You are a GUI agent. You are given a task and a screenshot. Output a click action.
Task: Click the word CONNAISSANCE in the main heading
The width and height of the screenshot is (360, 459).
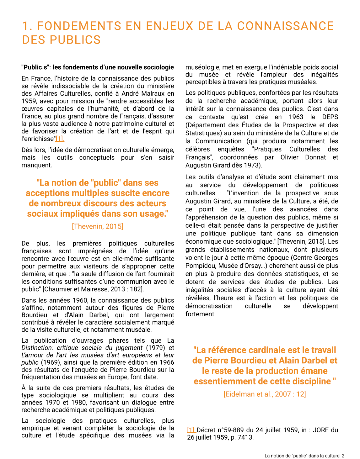pos(285,26)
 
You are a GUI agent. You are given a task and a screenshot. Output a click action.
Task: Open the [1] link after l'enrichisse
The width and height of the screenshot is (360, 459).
pos(60,139)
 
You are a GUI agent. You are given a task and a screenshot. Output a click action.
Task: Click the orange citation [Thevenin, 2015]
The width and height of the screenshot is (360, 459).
pos(98,226)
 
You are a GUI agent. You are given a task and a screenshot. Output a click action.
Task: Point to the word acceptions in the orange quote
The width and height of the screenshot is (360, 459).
pos(47,193)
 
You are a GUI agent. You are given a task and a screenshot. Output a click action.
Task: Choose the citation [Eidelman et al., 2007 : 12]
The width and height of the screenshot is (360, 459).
pos(265,394)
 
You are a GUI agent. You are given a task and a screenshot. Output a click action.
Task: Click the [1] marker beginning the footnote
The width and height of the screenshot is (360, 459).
pos(191,430)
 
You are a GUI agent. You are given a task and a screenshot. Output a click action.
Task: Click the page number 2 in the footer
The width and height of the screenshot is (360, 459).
pos(343,456)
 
